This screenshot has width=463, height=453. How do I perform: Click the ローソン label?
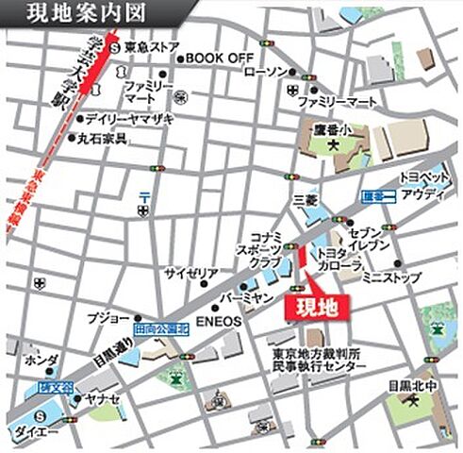(266, 73)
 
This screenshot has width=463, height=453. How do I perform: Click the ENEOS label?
(220, 321)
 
